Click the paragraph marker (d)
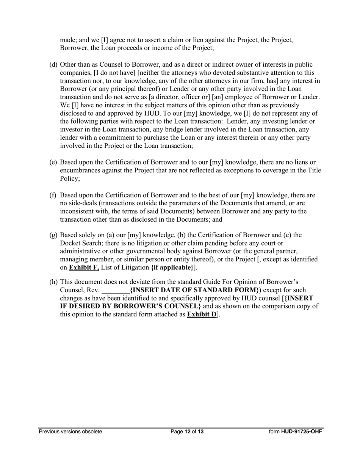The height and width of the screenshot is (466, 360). pyautogui.click(x=53, y=65)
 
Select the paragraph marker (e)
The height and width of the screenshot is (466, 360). pyautogui.click(x=53, y=163)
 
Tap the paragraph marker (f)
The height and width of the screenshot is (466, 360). pyautogui.click(x=53, y=195)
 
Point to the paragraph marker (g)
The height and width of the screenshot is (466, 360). pyautogui.click(x=53, y=235)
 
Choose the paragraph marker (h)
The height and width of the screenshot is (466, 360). pyautogui.click(x=53, y=282)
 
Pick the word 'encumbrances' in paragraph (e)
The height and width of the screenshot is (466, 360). pyautogui.click(x=81, y=170)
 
